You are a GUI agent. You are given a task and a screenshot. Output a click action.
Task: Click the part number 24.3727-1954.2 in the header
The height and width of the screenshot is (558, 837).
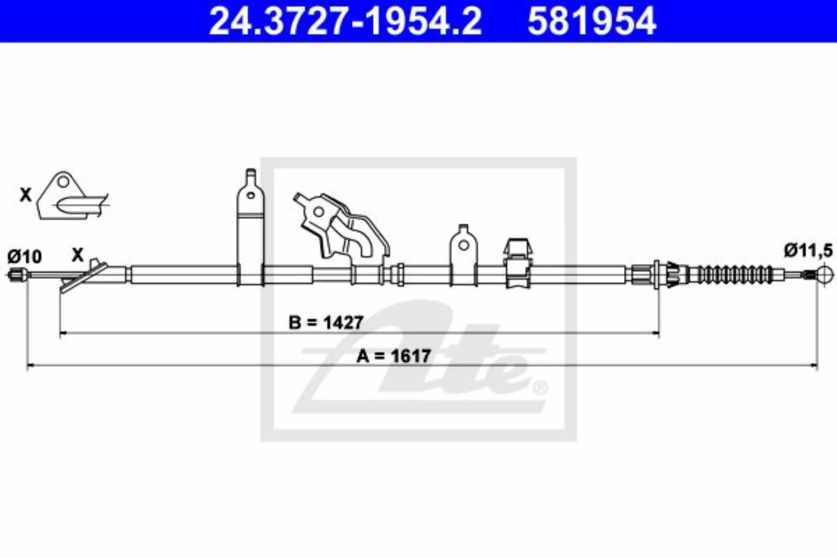pos(345,21)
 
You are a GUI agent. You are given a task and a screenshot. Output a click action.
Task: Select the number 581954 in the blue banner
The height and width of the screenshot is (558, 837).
pos(591,21)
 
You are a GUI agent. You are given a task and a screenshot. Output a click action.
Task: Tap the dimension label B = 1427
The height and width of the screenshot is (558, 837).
pos(326,322)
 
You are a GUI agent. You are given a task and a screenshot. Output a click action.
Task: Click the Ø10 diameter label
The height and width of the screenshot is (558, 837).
pos(25,257)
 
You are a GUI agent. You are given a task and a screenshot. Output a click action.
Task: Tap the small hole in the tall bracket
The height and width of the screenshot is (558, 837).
pos(251,195)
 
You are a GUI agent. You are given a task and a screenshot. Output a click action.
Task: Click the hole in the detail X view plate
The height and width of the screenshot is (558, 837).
pos(63,182)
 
